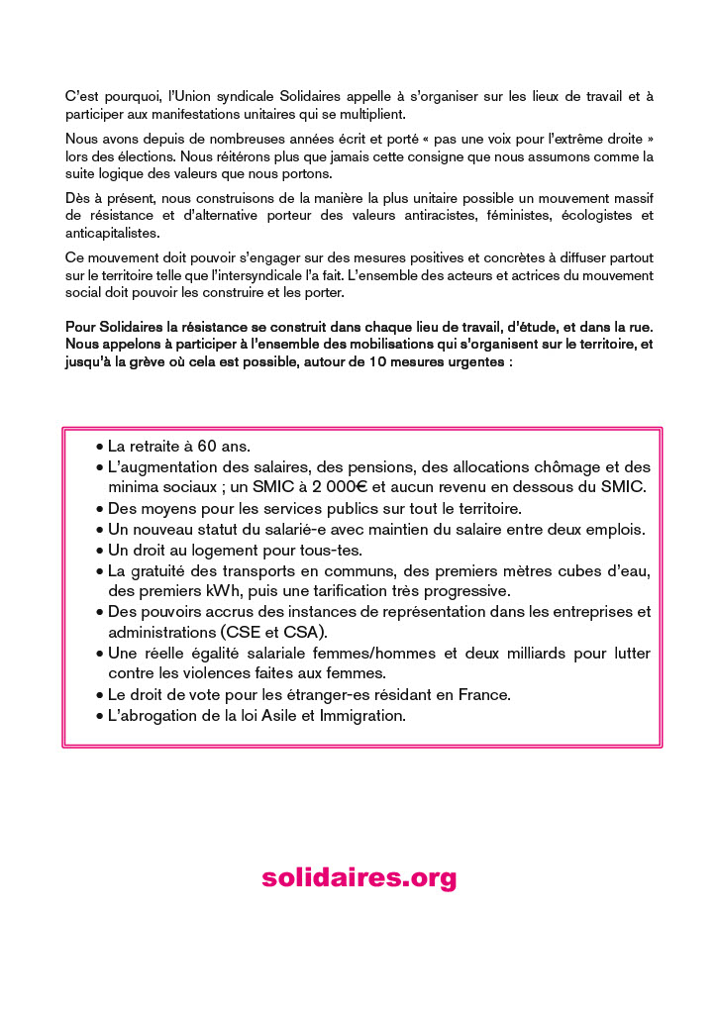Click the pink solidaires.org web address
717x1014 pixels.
pyautogui.click(x=358, y=877)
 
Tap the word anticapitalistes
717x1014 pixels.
pyautogui.click(x=111, y=233)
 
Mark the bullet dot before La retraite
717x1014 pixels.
pyautogui.click(x=99, y=448)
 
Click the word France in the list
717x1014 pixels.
pyautogui.click(x=484, y=695)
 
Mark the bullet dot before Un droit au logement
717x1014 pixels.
pyautogui.click(x=99, y=551)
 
